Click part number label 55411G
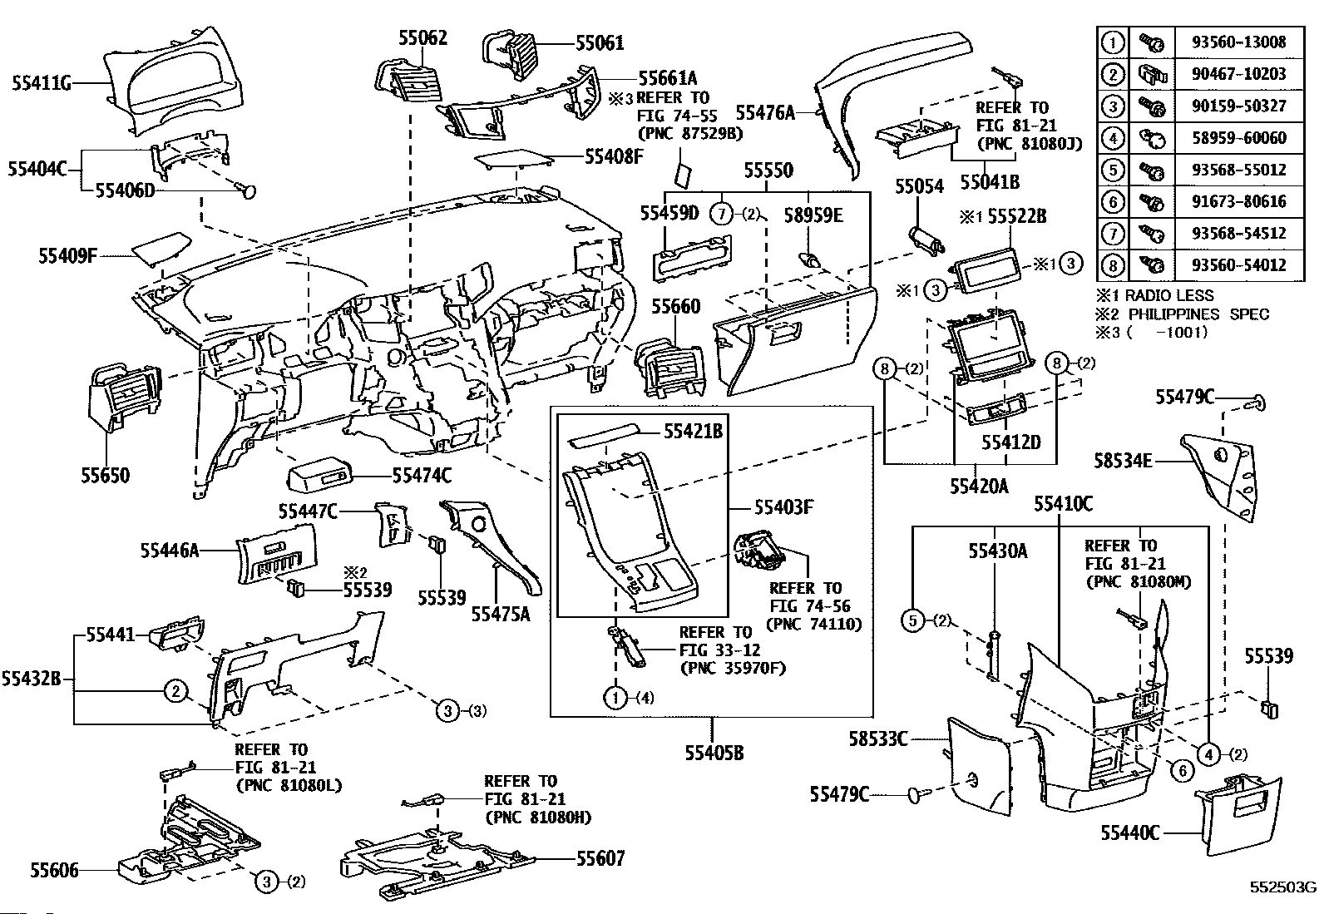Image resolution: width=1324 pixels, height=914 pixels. pyautogui.click(x=42, y=83)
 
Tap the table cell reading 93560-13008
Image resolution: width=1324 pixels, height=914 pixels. pyautogui.click(x=1239, y=42)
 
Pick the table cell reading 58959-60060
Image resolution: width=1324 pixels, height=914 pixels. pyautogui.click(x=1239, y=138)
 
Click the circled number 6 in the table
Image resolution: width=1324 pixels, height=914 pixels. pyautogui.click(x=1113, y=201)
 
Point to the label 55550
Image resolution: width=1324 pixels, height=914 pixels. pyautogui.click(x=768, y=170)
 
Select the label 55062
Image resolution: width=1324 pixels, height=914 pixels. pyautogui.click(x=422, y=37)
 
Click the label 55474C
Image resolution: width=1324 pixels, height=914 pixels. pyautogui.click(x=422, y=476)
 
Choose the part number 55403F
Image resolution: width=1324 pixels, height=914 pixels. pyautogui.click(x=783, y=507)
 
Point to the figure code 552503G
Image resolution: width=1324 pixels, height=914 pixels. pyautogui.click(x=1283, y=887)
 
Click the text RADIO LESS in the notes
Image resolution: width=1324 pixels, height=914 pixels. pyautogui.click(x=1168, y=295)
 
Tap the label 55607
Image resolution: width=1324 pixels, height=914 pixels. pyautogui.click(x=600, y=858)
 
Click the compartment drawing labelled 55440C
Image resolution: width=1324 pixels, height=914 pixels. pyautogui.click(x=1238, y=815)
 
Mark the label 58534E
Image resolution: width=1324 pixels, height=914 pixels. pyautogui.click(x=1123, y=461)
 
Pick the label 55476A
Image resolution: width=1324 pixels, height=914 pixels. pyautogui.click(x=765, y=112)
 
